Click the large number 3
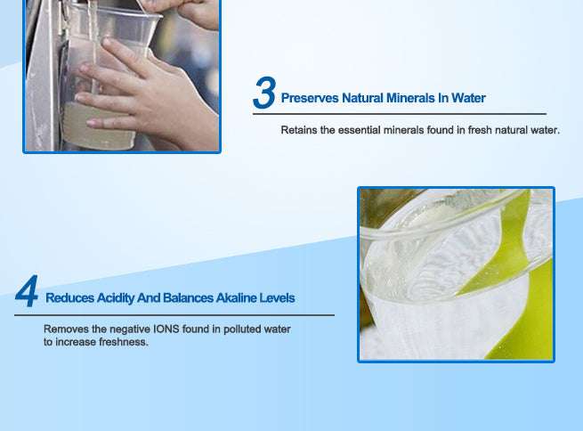[264, 94]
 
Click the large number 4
[27, 293]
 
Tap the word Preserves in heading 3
[309, 98]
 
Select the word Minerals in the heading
[409, 98]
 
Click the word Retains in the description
[299, 130]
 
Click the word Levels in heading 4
[278, 297]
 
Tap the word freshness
[123, 342]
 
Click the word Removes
[65, 329]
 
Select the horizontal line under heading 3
[401, 114]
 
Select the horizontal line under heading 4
[178, 314]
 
